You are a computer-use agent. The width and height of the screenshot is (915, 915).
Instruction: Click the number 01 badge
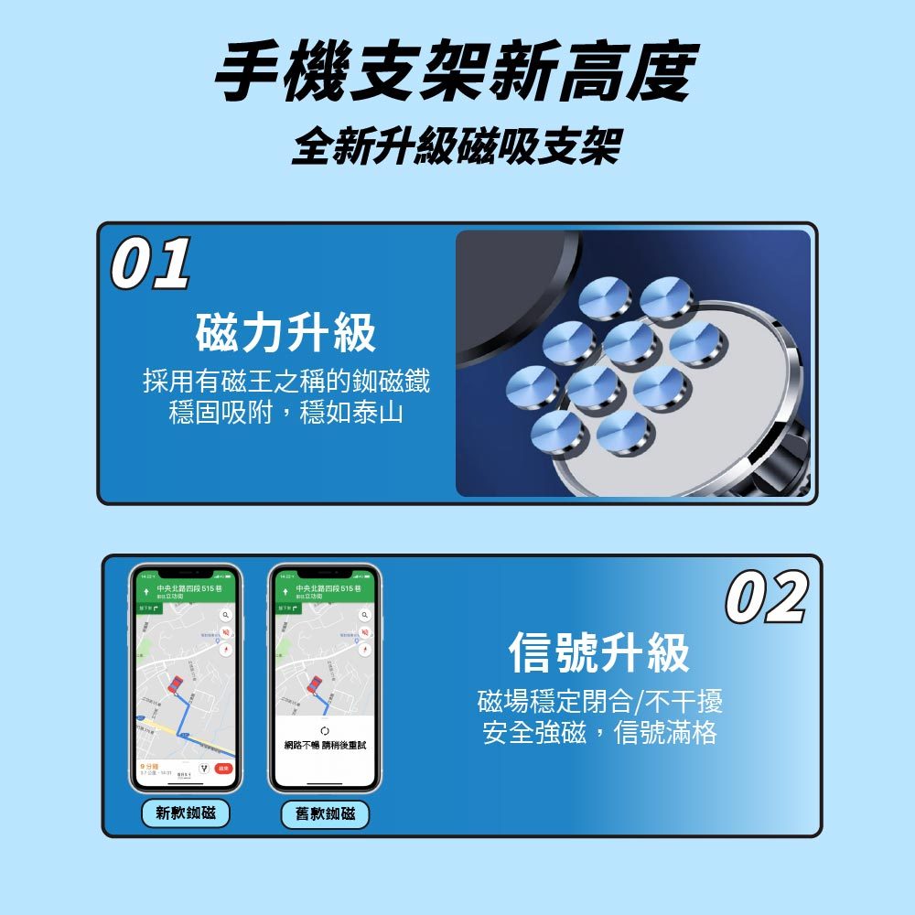coord(151,264)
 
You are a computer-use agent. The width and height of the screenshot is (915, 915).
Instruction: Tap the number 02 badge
coord(767,597)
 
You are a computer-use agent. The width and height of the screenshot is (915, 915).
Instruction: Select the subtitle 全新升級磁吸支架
coord(457,146)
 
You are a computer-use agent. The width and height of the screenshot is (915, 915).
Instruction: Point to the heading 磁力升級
coord(286,333)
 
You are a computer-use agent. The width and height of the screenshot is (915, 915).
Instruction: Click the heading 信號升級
coord(599,652)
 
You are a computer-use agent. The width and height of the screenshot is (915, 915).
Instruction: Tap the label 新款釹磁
coord(186,813)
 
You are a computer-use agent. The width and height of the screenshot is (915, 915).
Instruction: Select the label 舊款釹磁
coord(325,813)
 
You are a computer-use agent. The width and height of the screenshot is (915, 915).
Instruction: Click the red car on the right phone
coord(314,684)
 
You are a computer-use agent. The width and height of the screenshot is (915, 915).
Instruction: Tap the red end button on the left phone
coord(222,769)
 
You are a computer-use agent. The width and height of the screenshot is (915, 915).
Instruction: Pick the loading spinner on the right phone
coord(325,732)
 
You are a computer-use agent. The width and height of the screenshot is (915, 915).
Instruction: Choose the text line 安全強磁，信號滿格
coord(599,733)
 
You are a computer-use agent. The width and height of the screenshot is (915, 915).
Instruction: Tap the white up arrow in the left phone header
coord(145,591)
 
